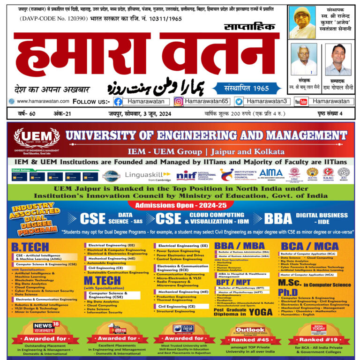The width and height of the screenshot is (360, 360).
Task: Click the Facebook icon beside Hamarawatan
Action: click(119, 101)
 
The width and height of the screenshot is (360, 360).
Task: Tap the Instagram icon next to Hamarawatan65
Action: click(179, 101)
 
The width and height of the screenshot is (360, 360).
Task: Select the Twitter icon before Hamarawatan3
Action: click(239, 101)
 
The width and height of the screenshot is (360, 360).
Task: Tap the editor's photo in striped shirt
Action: click(338, 60)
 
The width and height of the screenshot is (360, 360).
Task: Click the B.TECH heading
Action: click(30, 247)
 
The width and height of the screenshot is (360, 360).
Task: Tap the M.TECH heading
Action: click(102, 280)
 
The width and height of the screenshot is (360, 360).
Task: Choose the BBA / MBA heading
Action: click(240, 246)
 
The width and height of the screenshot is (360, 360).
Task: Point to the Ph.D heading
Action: click(288, 292)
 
